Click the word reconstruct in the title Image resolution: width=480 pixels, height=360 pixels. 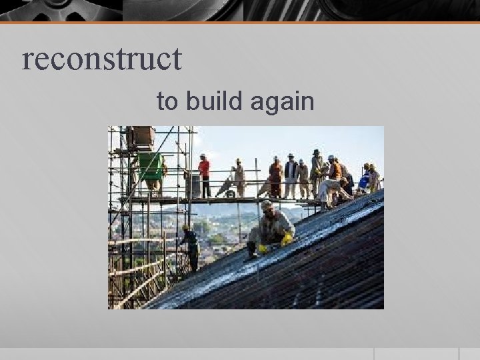click(x=101, y=59)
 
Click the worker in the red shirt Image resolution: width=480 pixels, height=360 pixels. click(x=204, y=175)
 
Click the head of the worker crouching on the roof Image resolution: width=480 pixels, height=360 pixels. click(x=267, y=207)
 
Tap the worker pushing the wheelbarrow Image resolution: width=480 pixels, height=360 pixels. click(x=239, y=177)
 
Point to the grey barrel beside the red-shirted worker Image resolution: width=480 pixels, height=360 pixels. click(x=193, y=185)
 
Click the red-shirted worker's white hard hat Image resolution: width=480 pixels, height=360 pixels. click(x=203, y=156)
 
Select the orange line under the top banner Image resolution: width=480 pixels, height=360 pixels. click(x=240, y=23)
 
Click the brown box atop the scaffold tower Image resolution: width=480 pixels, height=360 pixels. click(x=141, y=136)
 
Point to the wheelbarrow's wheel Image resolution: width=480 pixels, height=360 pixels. click(x=229, y=194)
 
